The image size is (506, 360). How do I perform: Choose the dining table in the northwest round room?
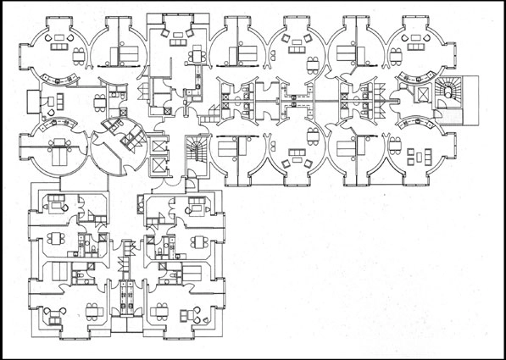point(80,57)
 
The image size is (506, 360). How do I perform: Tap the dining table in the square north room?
point(197,55)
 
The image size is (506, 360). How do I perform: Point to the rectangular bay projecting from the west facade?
point(34,100)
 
